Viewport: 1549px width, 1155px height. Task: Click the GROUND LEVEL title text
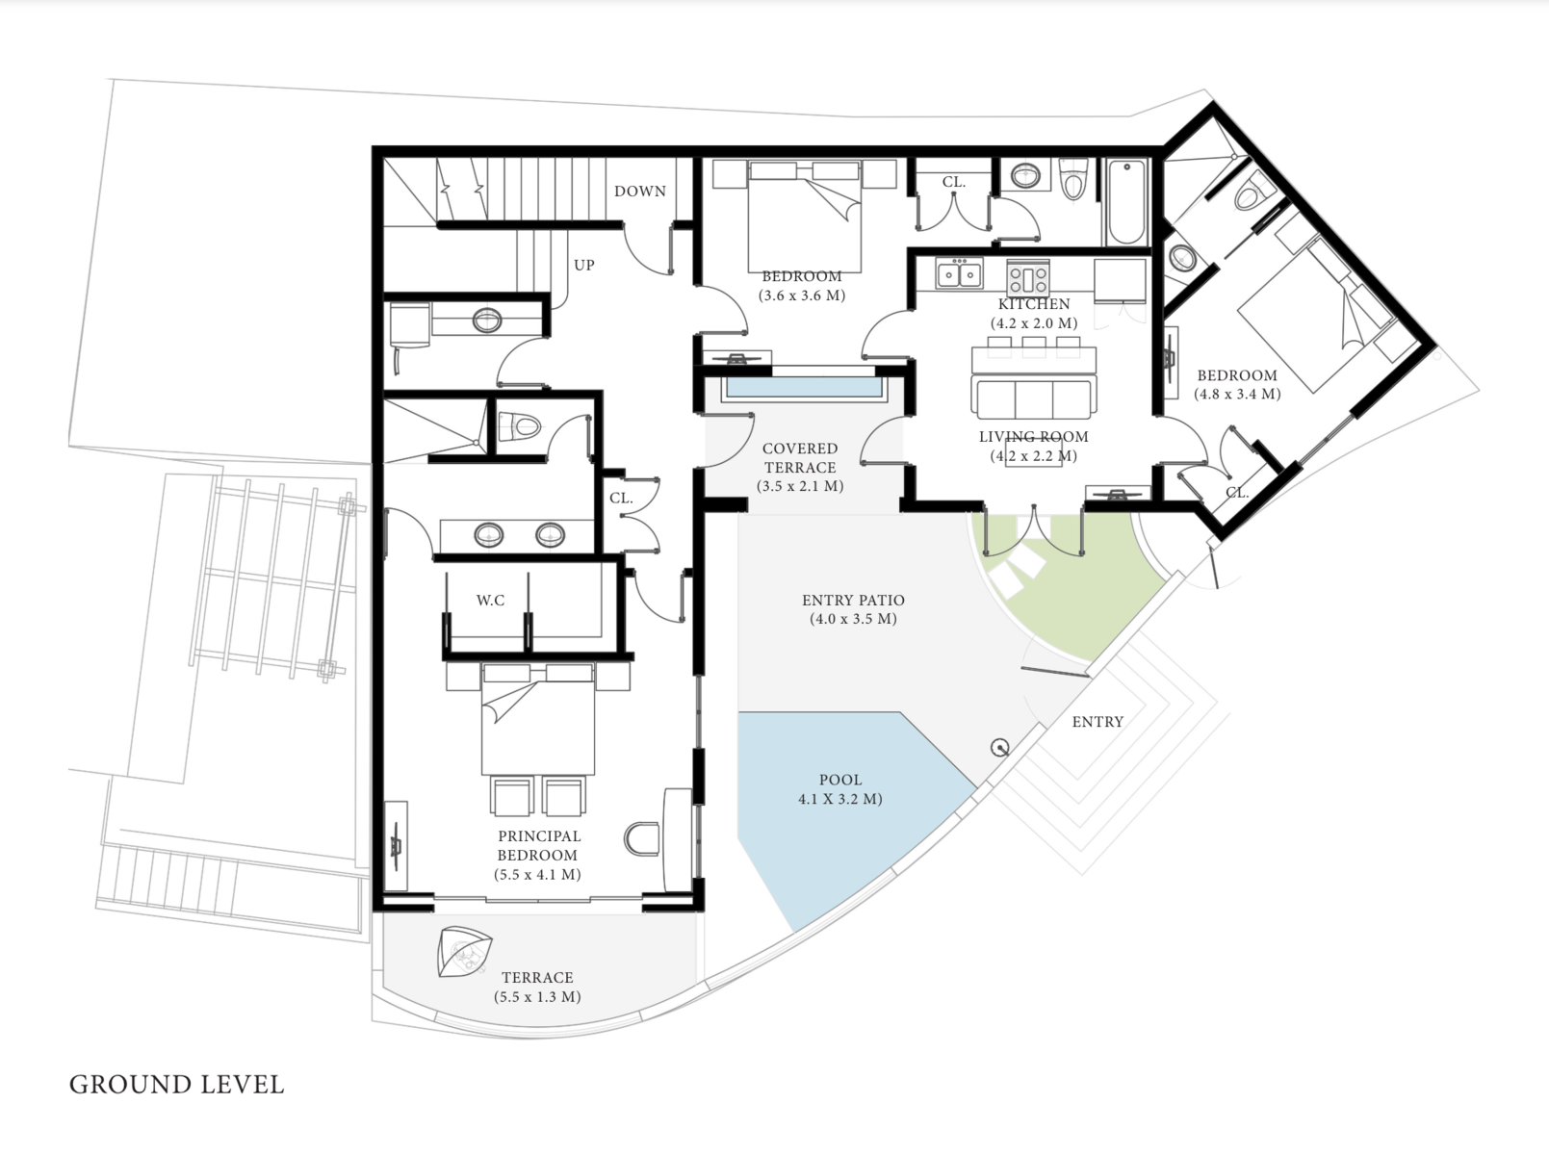pyautogui.click(x=176, y=1085)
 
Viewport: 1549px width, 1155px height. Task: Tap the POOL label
pyautogui.click(x=840, y=780)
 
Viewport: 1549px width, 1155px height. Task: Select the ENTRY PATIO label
pyautogui.click(x=853, y=601)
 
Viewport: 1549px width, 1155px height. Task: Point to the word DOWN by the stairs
pyautogui.click(x=640, y=192)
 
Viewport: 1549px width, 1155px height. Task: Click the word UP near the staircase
pyautogui.click(x=584, y=266)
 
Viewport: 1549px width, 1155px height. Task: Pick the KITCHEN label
pyautogui.click(x=1034, y=304)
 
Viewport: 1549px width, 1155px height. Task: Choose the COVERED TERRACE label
pyautogui.click(x=800, y=458)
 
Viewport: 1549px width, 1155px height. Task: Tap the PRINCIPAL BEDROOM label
pyautogui.click(x=538, y=845)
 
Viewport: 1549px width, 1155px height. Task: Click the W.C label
pyautogui.click(x=490, y=601)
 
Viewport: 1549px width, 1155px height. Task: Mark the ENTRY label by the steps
pyautogui.click(x=1097, y=722)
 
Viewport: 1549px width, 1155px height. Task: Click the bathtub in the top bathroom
pyautogui.click(x=1126, y=202)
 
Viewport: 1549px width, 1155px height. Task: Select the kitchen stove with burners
pyautogui.click(x=1028, y=276)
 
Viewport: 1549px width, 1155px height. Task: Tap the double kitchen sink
pyautogui.click(x=959, y=273)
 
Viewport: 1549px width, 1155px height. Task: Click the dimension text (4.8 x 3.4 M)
pyautogui.click(x=1237, y=395)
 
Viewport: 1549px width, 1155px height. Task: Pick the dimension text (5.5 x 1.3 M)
pyautogui.click(x=538, y=997)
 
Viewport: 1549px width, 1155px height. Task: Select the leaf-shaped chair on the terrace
pyautogui.click(x=464, y=951)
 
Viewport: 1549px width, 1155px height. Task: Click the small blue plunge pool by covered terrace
pyautogui.click(x=804, y=387)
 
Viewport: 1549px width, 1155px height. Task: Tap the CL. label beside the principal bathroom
pyautogui.click(x=621, y=499)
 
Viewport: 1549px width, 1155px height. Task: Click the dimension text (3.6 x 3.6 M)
pyautogui.click(x=802, y=295)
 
